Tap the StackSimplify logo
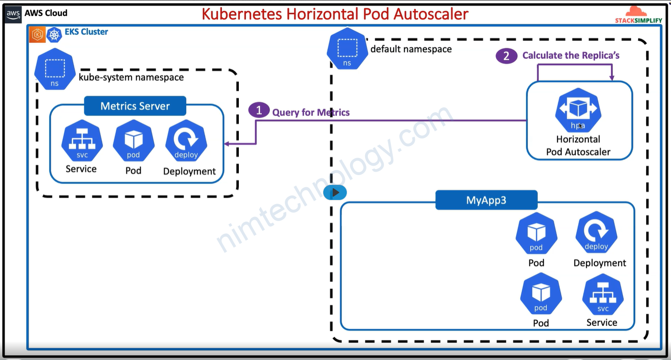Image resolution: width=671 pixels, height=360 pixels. [638, 15]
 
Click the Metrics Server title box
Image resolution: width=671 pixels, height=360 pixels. [135, 106]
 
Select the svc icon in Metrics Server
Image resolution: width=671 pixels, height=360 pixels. [82, 141]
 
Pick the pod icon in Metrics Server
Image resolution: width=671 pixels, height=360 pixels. [133, 141]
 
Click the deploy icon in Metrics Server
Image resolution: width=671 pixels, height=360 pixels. [186, 141]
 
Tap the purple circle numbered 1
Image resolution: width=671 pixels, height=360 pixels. [259, 111]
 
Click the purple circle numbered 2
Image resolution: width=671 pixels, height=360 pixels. [506, 56]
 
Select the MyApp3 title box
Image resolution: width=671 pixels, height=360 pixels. [486, 200]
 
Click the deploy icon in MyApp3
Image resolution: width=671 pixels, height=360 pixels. [596, 233]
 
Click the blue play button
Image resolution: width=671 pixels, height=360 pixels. [335, 192]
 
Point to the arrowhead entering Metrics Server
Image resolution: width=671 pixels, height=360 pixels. [227, 144]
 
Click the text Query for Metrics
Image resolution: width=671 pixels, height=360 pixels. [311, 112]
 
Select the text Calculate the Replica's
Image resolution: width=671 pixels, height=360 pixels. [571, 55]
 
